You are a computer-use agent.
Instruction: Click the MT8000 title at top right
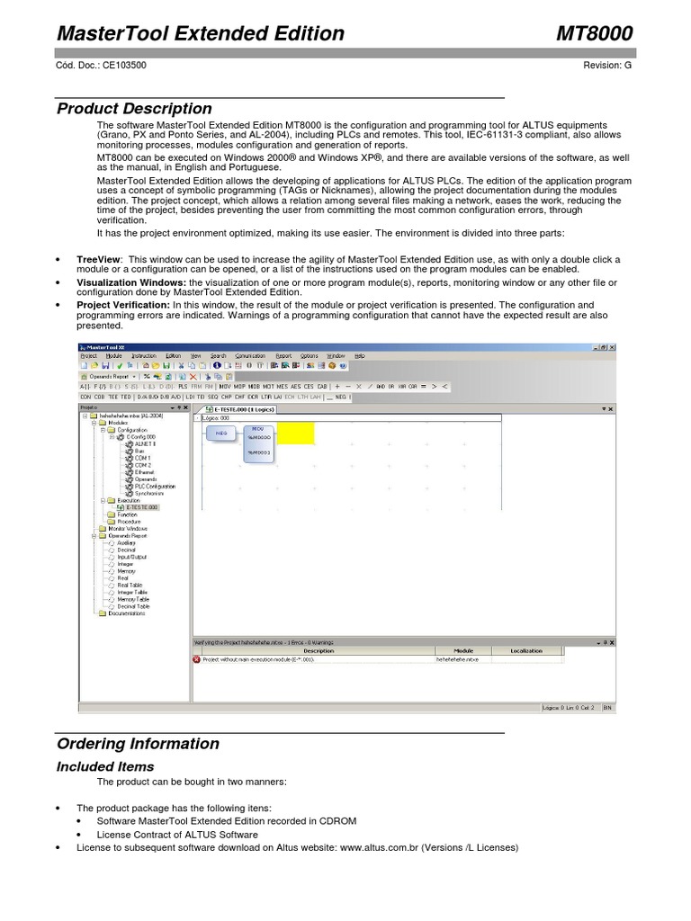point(595,33)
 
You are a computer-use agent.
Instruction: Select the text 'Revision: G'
point(607,66)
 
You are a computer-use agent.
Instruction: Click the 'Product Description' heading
point(134,109)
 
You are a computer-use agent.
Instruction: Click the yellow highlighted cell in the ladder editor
point(295,434)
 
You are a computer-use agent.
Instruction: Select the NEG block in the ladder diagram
point(221,434)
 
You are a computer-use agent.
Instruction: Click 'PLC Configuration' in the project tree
point(155,487)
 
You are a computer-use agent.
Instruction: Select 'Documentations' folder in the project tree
point(127,614)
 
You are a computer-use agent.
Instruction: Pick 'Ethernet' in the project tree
point(144,472)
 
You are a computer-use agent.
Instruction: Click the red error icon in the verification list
point(197,659)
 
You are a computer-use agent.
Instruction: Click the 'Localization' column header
point(526,650)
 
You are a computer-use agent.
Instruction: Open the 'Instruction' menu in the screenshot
point(143,356)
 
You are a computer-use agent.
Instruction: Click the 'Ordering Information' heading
point(138,744)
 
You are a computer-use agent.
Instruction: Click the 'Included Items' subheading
point(105,766)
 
